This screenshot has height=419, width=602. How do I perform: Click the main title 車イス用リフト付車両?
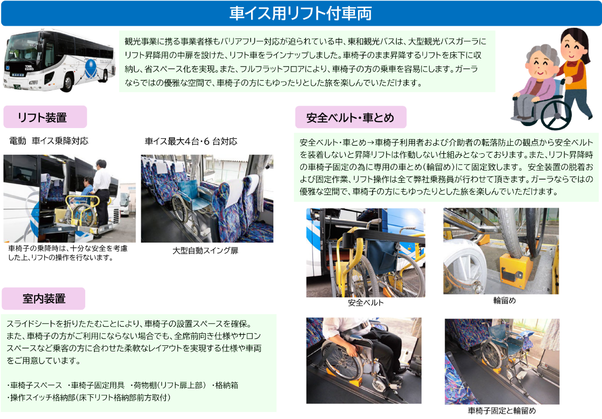pos(300,14)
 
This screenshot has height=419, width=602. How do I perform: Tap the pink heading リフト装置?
pos(42,117)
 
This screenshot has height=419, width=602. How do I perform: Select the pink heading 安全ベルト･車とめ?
pos(350,117)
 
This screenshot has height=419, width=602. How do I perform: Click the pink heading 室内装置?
pos(44,299)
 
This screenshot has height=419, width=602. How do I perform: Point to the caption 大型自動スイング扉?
pos(205,251)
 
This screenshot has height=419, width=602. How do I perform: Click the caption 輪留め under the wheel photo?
pos(505,301)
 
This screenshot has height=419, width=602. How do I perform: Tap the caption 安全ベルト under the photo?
pos(366,303)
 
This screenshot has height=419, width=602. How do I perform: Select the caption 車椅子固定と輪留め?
pos(502,410)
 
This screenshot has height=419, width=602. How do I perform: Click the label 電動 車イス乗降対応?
pos(49,141)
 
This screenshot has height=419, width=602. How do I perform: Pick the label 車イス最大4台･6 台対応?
pos(191,141)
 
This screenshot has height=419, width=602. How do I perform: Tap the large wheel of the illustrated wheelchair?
pos(556,110)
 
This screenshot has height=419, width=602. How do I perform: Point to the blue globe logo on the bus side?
pos(91,69)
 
